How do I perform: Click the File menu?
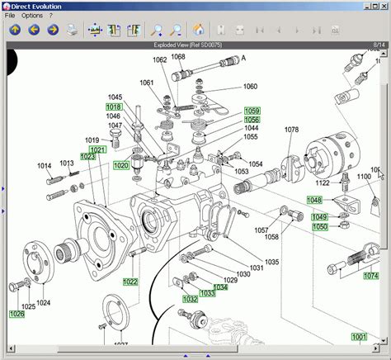tap(10, 16)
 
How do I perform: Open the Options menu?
tap(32, 16)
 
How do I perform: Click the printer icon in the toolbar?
tap(73, 31)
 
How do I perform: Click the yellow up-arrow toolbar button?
tap(15, 31)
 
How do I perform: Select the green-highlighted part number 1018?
tap(114, 107)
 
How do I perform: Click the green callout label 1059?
tap(252, 111)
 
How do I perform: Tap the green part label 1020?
tap(121, 165)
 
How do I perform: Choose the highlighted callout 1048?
tap(315, 200)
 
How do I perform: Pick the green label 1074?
tap(372, 277)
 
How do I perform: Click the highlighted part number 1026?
tap(17, 314)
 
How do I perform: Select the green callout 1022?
tap(131, 282)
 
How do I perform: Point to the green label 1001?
tap(359, 337)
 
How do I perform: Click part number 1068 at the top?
tap(178, 57)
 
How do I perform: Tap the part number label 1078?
tap(292, 130)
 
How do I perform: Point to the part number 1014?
tap(45, 166)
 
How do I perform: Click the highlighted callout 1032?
tap(191, 299)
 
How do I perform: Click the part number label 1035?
tap(271, 262)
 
